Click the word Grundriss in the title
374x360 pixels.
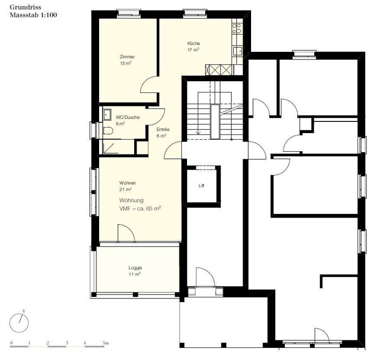25,7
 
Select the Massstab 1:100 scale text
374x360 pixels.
33,15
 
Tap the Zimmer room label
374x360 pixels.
127,56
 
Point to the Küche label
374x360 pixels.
194,43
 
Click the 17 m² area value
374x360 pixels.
193,50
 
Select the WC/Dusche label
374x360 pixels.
128,117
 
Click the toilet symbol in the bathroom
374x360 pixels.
108,131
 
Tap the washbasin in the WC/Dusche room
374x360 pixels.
107,115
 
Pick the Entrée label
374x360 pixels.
163,129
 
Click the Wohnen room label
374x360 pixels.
128,183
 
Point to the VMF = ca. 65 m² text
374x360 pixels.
140,208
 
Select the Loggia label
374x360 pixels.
135,268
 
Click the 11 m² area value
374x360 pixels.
135,274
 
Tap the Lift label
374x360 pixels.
201,185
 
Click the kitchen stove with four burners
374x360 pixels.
237,28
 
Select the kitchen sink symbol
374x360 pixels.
238,51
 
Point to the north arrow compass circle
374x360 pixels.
19,323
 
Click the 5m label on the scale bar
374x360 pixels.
106,343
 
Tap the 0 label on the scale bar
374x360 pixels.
11,343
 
